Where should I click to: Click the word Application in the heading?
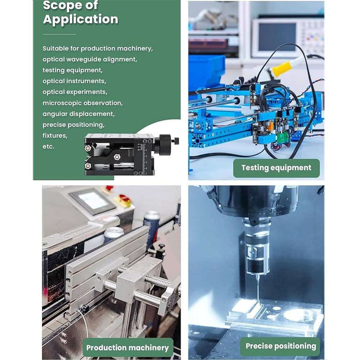point(81,19)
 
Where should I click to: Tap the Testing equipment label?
point(276,168)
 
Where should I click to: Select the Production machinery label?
point(128,348)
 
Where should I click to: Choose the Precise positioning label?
point(281,346)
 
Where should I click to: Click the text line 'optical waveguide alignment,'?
point(90,59)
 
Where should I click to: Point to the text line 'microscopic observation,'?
point(83,103)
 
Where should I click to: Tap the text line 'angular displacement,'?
point(79,114)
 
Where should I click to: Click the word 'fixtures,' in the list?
point(55,136)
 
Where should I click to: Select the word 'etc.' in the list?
point(48,147)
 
